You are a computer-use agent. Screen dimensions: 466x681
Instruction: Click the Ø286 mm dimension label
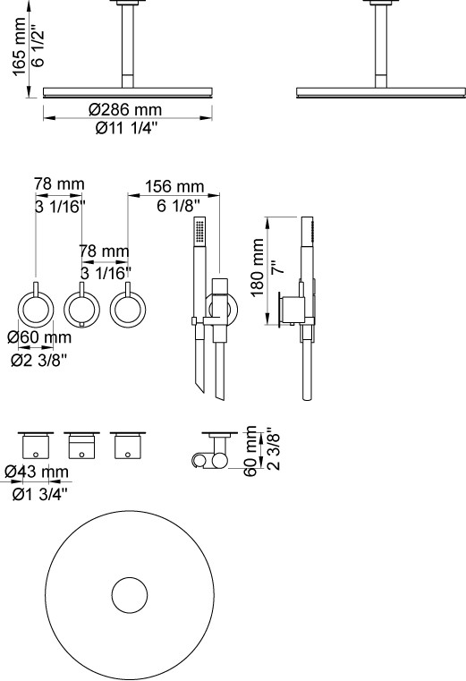coord(125,109)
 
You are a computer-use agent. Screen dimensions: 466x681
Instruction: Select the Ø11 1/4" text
coord(126,128)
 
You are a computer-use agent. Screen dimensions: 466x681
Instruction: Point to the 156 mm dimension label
coord(174,186)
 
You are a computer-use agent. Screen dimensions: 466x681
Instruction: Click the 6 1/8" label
coord(179,205)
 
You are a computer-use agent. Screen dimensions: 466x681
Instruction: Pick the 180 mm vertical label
coord(258,267)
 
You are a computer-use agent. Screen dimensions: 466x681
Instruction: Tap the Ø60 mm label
coord(39,337)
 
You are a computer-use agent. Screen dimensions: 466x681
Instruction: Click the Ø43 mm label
coord(37,472)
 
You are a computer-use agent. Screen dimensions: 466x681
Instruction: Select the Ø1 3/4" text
coord(40,494)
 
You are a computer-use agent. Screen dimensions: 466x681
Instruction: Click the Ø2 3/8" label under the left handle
coord(39,360)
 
